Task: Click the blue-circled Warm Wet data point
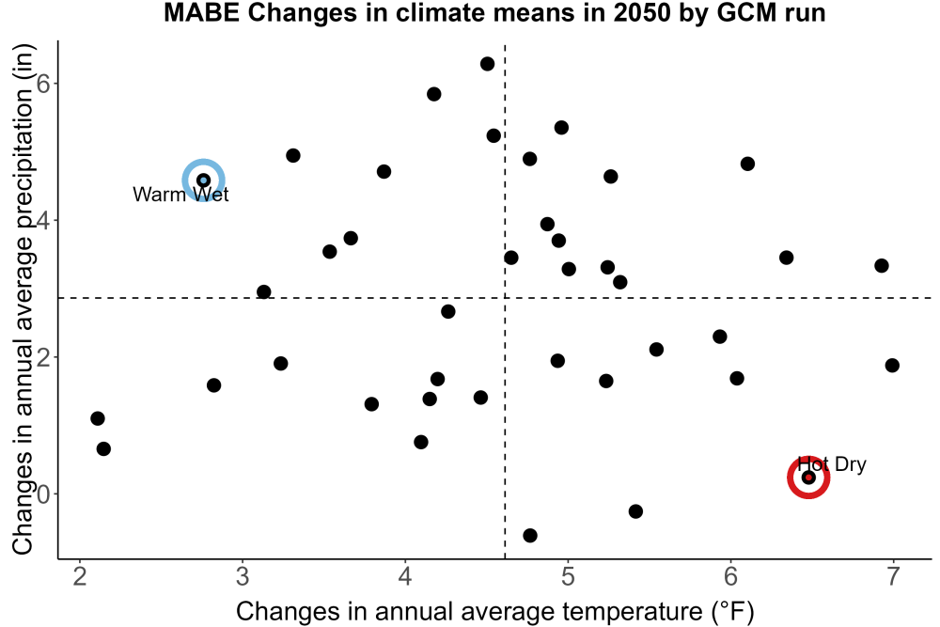point(203,180)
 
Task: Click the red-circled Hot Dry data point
point(808,478)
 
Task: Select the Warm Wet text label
point(180,195)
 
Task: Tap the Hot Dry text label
point(832,464)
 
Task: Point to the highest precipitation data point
point(487,64)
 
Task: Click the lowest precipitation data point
point(530,535)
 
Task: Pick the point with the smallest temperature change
point(98,418)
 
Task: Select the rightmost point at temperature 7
point(892,365)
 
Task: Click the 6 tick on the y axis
point(43,84)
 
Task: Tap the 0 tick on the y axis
point(43,494)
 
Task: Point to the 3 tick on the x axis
point(243,576)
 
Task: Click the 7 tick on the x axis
point(893,576)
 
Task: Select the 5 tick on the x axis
point(568,576)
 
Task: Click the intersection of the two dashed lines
point(505,297)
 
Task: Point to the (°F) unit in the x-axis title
point(732,612)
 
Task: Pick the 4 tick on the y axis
point(43,221)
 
